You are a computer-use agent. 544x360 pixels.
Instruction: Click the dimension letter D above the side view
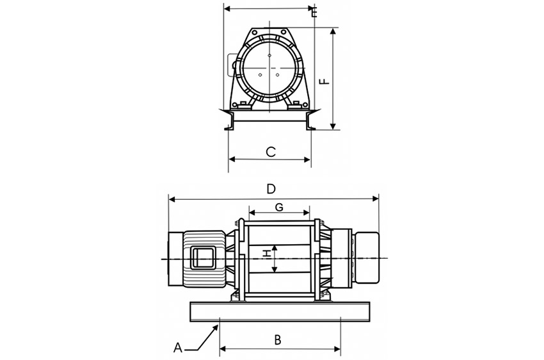pyautogui.click(x=271, y=189)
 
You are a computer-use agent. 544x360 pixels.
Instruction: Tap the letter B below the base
pyautogui.click(x=277, y=340)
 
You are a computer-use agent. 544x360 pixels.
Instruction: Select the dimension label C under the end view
pyautogui.click(x=271, y=152)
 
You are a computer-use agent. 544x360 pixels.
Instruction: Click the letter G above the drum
pyautogui.click(x=278, y=207)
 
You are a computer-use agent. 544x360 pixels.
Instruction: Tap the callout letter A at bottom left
pyautogui.click(x=179, y=348)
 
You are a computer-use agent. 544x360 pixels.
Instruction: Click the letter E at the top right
pyautogui.click(x=314, y=12)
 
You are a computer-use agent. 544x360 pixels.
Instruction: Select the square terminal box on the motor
pyautogui.click(x=204, y=258)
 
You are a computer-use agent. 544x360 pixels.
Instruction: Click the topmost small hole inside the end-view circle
pyautogui.click(x=269, y=56)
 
